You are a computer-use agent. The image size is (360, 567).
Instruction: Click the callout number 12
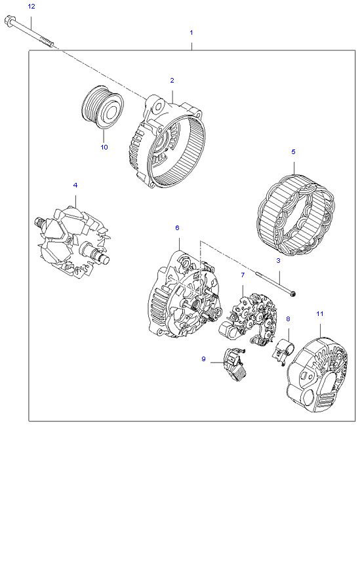pyautogui.click(x=31, y=7)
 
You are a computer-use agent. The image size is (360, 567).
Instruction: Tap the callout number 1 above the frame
pyautogui.click(x=191, y=33)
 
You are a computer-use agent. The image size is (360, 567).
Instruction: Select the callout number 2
pyautogui.click(x=172, y=80)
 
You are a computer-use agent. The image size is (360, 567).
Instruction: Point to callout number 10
pyautogui.click(x=104, y=147)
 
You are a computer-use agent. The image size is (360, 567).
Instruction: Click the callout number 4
pyautogui.click(x=75, y=185)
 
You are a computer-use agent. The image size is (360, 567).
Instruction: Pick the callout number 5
pyautogui.click(x=293, y=152)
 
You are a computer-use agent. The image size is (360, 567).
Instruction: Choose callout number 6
pyautogui.click(x=177, y=228)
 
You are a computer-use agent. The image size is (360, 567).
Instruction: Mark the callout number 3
pyautogui.click(x=278, y=260)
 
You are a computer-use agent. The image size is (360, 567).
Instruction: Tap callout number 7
pyautogui.click(x=243, y=275)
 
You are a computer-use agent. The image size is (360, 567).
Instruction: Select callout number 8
pyautogui.click(x=288, y=319)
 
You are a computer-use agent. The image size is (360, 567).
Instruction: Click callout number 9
pyautogui.click(x=204, y=359)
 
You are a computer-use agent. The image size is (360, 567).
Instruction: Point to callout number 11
pyautogui.click(x=320, y=314)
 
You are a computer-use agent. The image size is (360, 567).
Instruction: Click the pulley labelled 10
pyautogui.click(x=103, y=107)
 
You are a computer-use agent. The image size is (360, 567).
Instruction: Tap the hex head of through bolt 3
pyautogui.click(x=294, y=294)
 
